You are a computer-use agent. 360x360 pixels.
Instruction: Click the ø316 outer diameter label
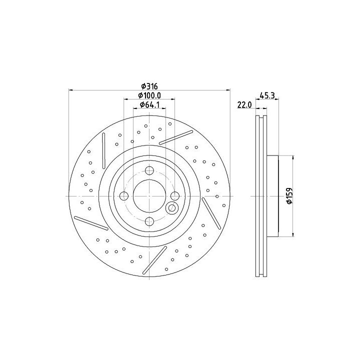[149, 86]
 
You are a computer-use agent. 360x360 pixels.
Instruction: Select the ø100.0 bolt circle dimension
[149, 95]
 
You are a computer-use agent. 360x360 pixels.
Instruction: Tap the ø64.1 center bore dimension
[149, 104]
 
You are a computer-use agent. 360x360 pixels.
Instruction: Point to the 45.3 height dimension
[267, 95]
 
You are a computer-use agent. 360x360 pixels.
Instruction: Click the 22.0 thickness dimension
[244, 105]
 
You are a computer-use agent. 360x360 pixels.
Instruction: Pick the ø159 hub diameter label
[289, 195]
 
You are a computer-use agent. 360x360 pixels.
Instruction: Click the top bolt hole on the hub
[149, 170]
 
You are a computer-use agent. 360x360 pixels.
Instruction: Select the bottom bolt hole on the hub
[149, 221]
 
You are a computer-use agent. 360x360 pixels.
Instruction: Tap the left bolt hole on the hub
[124, 196]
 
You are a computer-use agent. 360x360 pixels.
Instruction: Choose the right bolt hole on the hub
[175, 196]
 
